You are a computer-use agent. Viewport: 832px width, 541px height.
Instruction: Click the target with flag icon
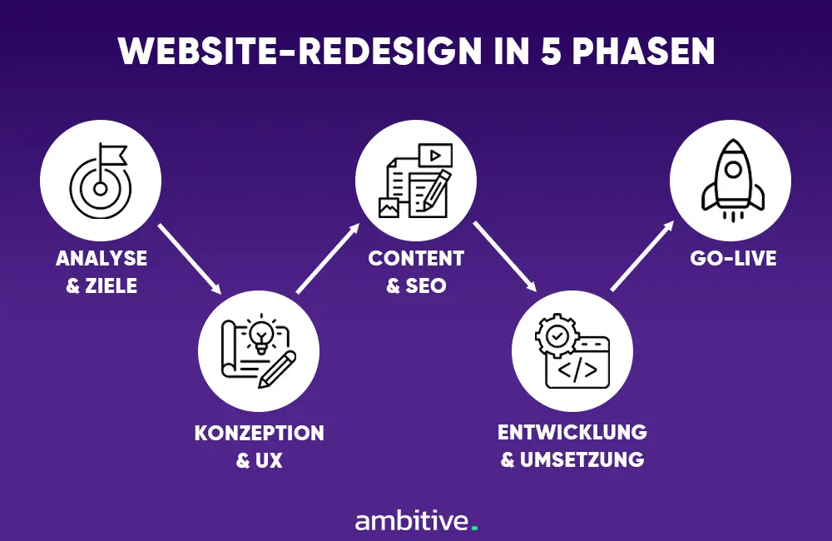click(x=100, y=181)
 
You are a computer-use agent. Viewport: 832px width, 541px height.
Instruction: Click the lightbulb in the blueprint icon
click(x=261, y=333)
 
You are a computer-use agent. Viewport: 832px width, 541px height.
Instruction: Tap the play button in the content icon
click(x=434, y=155)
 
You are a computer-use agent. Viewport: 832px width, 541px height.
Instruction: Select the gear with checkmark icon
click(x=555, y=335)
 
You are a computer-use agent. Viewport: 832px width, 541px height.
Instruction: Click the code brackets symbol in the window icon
click(x=577, y=369)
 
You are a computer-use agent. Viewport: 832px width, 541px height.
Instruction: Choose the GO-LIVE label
click(x=733, y=259)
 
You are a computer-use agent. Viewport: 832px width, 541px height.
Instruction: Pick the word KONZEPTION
click(x=259, y=434)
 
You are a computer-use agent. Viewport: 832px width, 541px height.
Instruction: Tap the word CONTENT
click(x=416, y=259)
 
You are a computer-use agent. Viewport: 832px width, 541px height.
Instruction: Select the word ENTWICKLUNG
click(x=572, y=433)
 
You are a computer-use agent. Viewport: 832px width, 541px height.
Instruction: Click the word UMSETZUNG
click(x=582, y=459)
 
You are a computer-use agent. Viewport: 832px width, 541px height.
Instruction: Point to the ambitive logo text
click(x=412, y=521)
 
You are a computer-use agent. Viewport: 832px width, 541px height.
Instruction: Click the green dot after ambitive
click(x=475, y=528)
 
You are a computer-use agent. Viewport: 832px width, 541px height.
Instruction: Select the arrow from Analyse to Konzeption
click(x=190, y=259)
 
